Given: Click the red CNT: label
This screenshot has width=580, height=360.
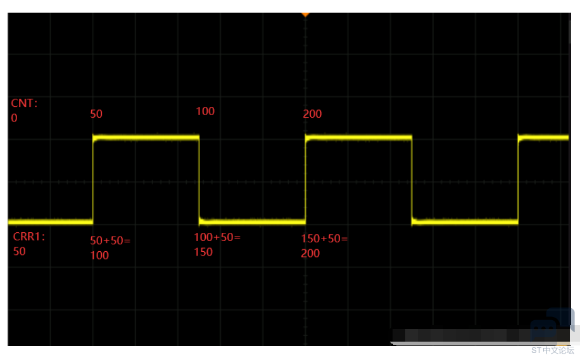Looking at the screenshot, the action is click(25, 103).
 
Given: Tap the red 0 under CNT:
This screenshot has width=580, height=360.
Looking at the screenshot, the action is click(14, 118).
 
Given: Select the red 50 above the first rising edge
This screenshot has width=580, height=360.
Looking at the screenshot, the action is click(96, 114).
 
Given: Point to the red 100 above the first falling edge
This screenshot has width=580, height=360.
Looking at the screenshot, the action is click(205, 111).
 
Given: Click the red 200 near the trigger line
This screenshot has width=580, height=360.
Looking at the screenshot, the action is click(312, 114).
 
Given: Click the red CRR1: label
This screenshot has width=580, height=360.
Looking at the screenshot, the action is click(29, 237).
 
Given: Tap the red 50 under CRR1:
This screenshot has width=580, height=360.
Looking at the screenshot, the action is click(20, 251).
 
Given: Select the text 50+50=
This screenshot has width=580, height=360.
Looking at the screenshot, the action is click(110, 240).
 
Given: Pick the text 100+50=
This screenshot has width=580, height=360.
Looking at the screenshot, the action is click(217, 237).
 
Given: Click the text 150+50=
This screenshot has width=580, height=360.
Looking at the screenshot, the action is click(324, 239).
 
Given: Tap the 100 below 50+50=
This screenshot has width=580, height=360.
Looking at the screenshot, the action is click(99, 256).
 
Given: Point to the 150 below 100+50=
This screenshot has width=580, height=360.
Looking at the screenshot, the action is click(203, 252).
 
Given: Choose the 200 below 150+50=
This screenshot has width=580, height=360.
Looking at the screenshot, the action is click(310, 254).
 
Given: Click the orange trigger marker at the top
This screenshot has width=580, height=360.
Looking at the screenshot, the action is click(305, 15).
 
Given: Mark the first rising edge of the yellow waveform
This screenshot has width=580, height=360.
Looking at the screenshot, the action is click(93, 180).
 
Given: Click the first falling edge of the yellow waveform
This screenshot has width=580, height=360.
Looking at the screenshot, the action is click(199, 180).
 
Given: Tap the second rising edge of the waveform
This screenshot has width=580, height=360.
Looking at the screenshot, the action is click(306, 180).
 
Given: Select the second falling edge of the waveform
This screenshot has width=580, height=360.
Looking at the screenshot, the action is click(412, 180).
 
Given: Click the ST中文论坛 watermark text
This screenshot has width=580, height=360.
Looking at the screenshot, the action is click(553, 351).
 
